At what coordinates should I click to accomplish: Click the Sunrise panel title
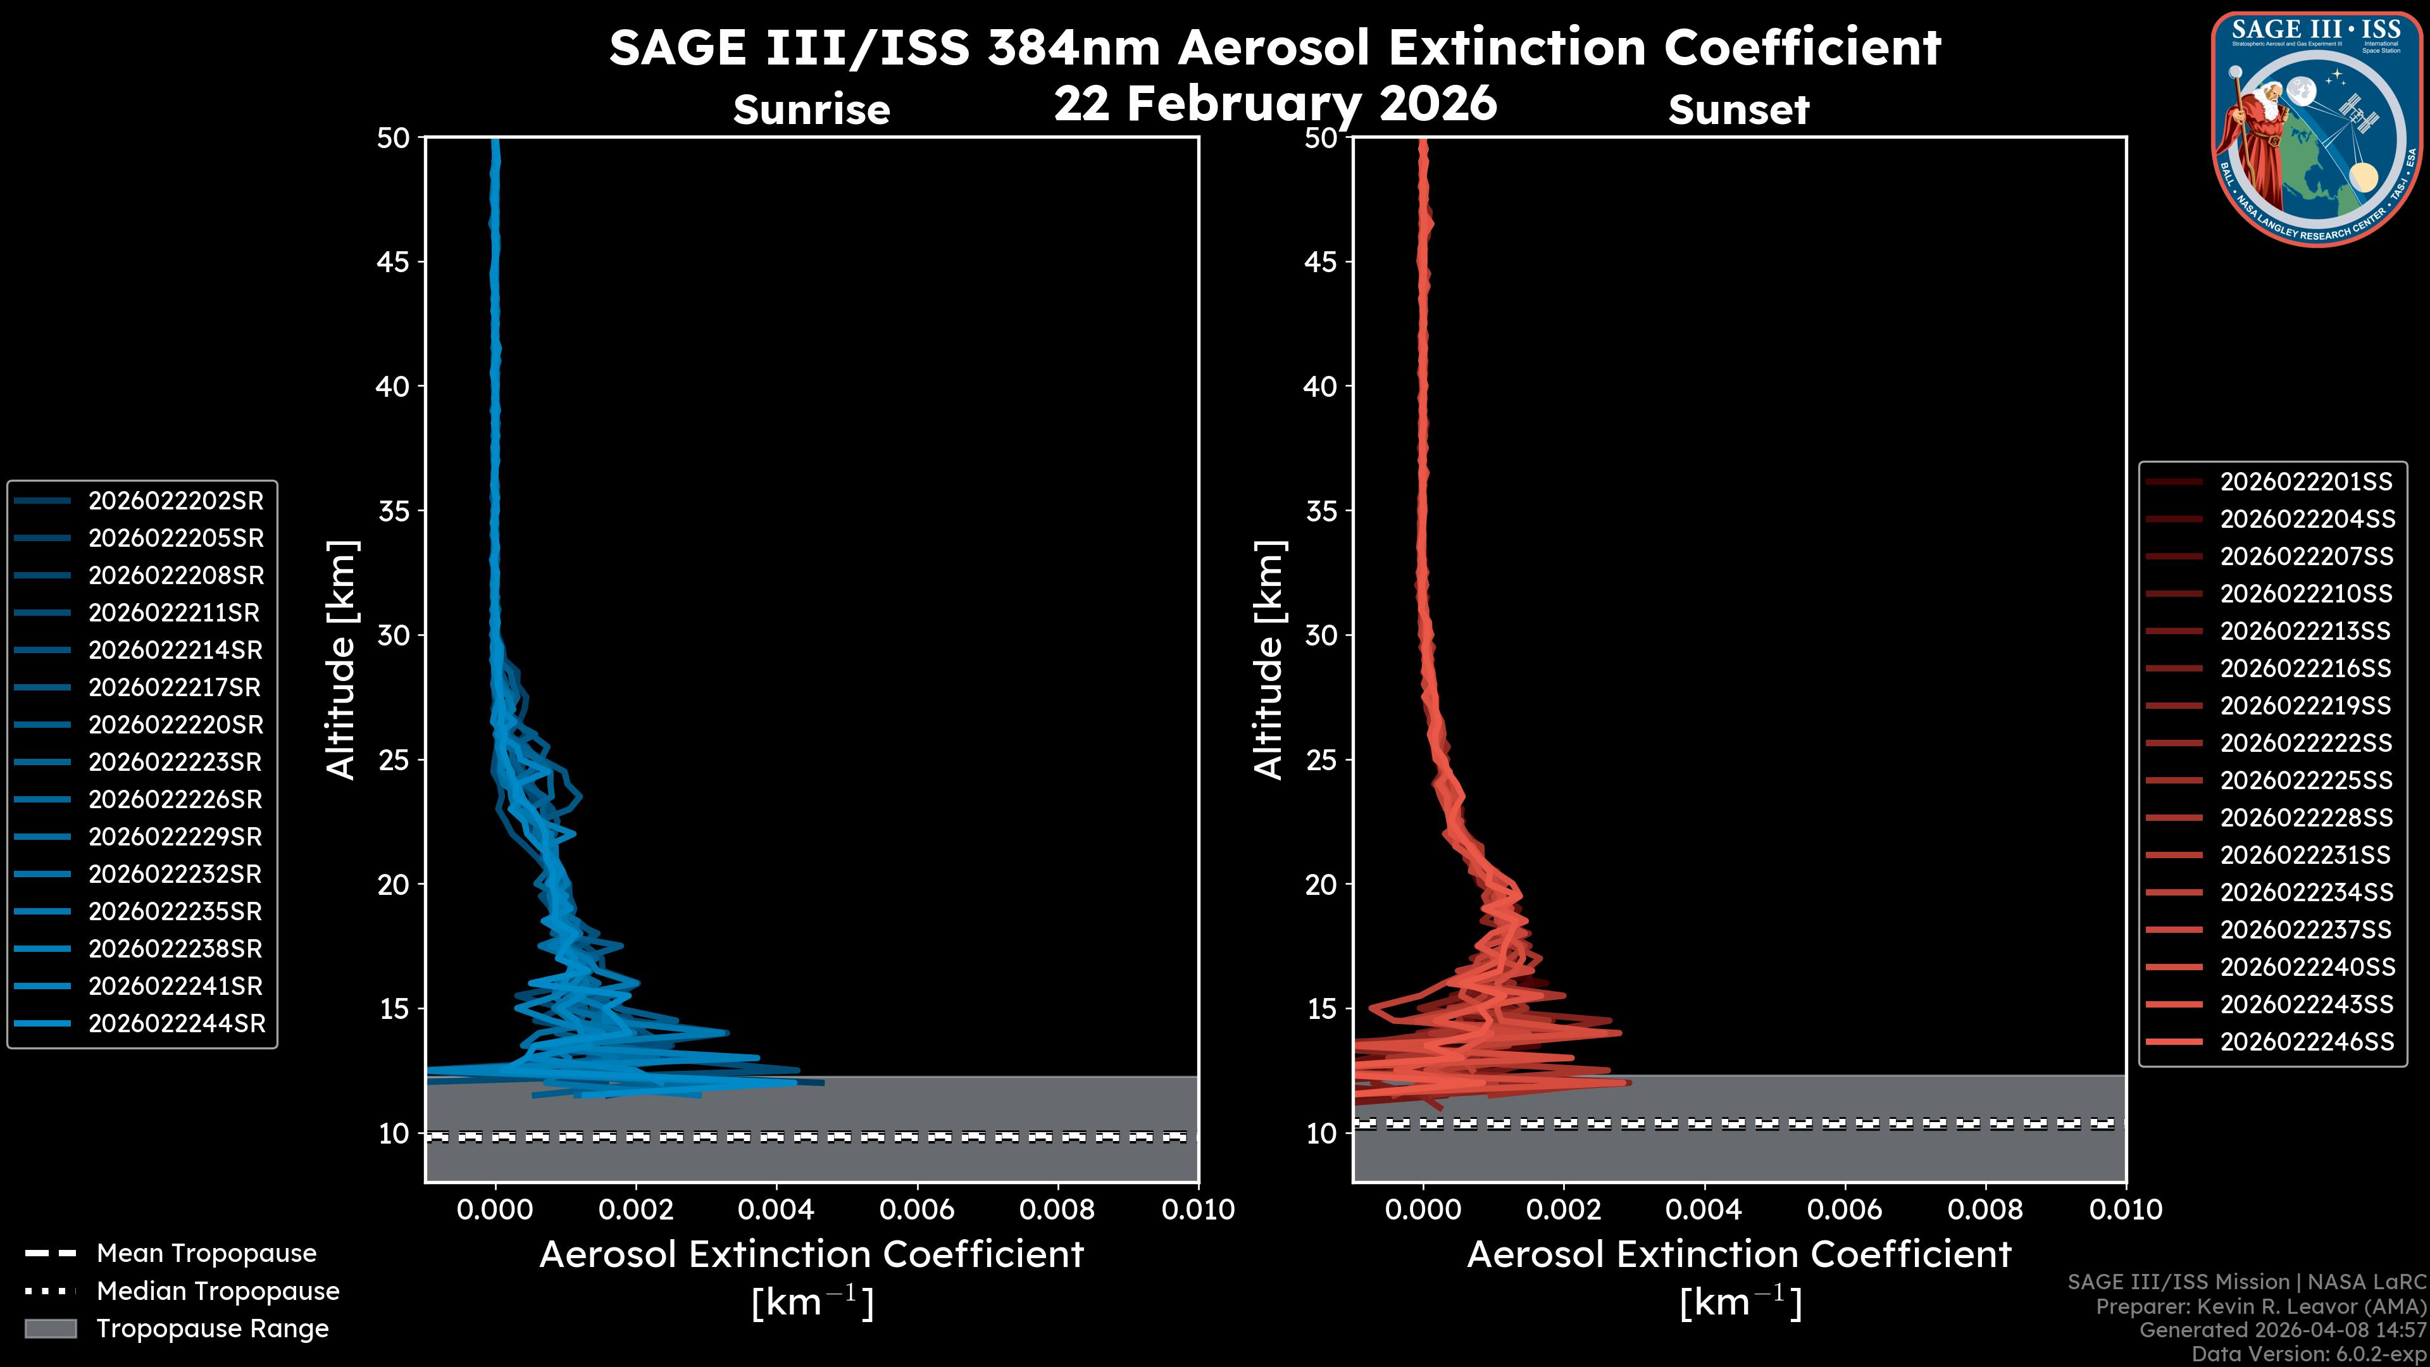tap(811, 109)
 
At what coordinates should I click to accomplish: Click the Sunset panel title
tap(1738, 109)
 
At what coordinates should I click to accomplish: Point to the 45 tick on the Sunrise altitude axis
tap(394, 261)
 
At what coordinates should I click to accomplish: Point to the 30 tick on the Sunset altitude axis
tap(1321, 635)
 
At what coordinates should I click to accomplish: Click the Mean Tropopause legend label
tap(206, 1253)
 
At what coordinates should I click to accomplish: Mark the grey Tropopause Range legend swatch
tap(50, 1328)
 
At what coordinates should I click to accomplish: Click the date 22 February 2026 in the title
tap(1274, 103)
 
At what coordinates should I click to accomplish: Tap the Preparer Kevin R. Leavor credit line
tap(2260, 1306)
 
